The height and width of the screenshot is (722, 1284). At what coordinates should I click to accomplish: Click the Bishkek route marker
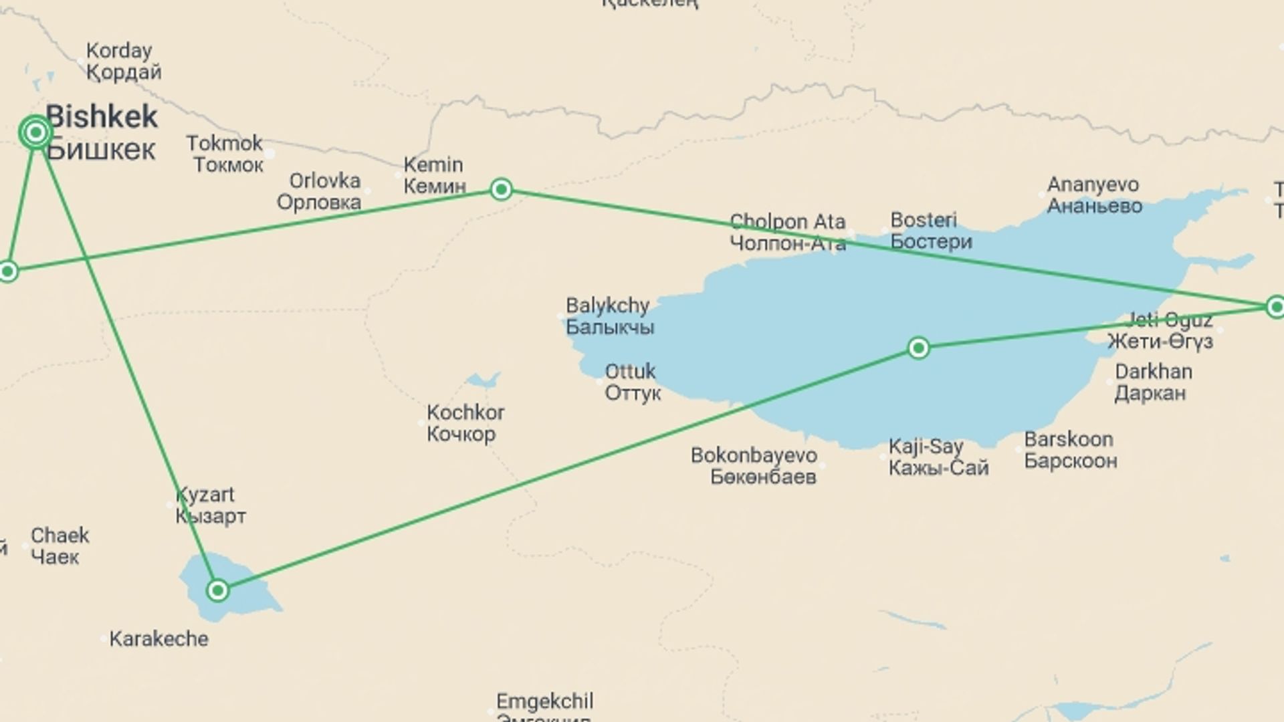(35, 133)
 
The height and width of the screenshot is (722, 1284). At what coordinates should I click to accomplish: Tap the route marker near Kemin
(502, 190)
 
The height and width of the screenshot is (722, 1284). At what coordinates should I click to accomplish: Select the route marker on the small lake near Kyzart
(218, 590)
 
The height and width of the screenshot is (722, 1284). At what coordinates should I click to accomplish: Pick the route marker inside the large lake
(919, 348)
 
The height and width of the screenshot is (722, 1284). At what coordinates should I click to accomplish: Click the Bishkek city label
(102, 132)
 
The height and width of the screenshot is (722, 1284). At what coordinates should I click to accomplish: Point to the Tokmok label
(225, 153)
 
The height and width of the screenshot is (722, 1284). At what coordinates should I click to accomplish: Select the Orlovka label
(321, 191)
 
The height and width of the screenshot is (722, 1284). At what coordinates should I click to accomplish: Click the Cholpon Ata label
(788, 231)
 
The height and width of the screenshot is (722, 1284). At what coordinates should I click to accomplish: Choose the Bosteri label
(930, 230)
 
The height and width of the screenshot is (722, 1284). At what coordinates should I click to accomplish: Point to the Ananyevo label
(1094, 195)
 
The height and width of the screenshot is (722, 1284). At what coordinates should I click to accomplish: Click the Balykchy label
(609, 316)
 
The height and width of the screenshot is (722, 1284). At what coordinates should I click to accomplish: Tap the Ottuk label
(632, 381)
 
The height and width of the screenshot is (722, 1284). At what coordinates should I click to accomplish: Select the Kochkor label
(465, 423)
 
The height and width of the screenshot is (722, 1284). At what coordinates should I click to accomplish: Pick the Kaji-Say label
(938, 457)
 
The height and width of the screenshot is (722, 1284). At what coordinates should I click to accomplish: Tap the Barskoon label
(1070, 449)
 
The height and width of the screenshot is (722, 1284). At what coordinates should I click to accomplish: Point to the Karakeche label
(158, 638)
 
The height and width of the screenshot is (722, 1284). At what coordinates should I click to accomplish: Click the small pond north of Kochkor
(481, 382)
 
